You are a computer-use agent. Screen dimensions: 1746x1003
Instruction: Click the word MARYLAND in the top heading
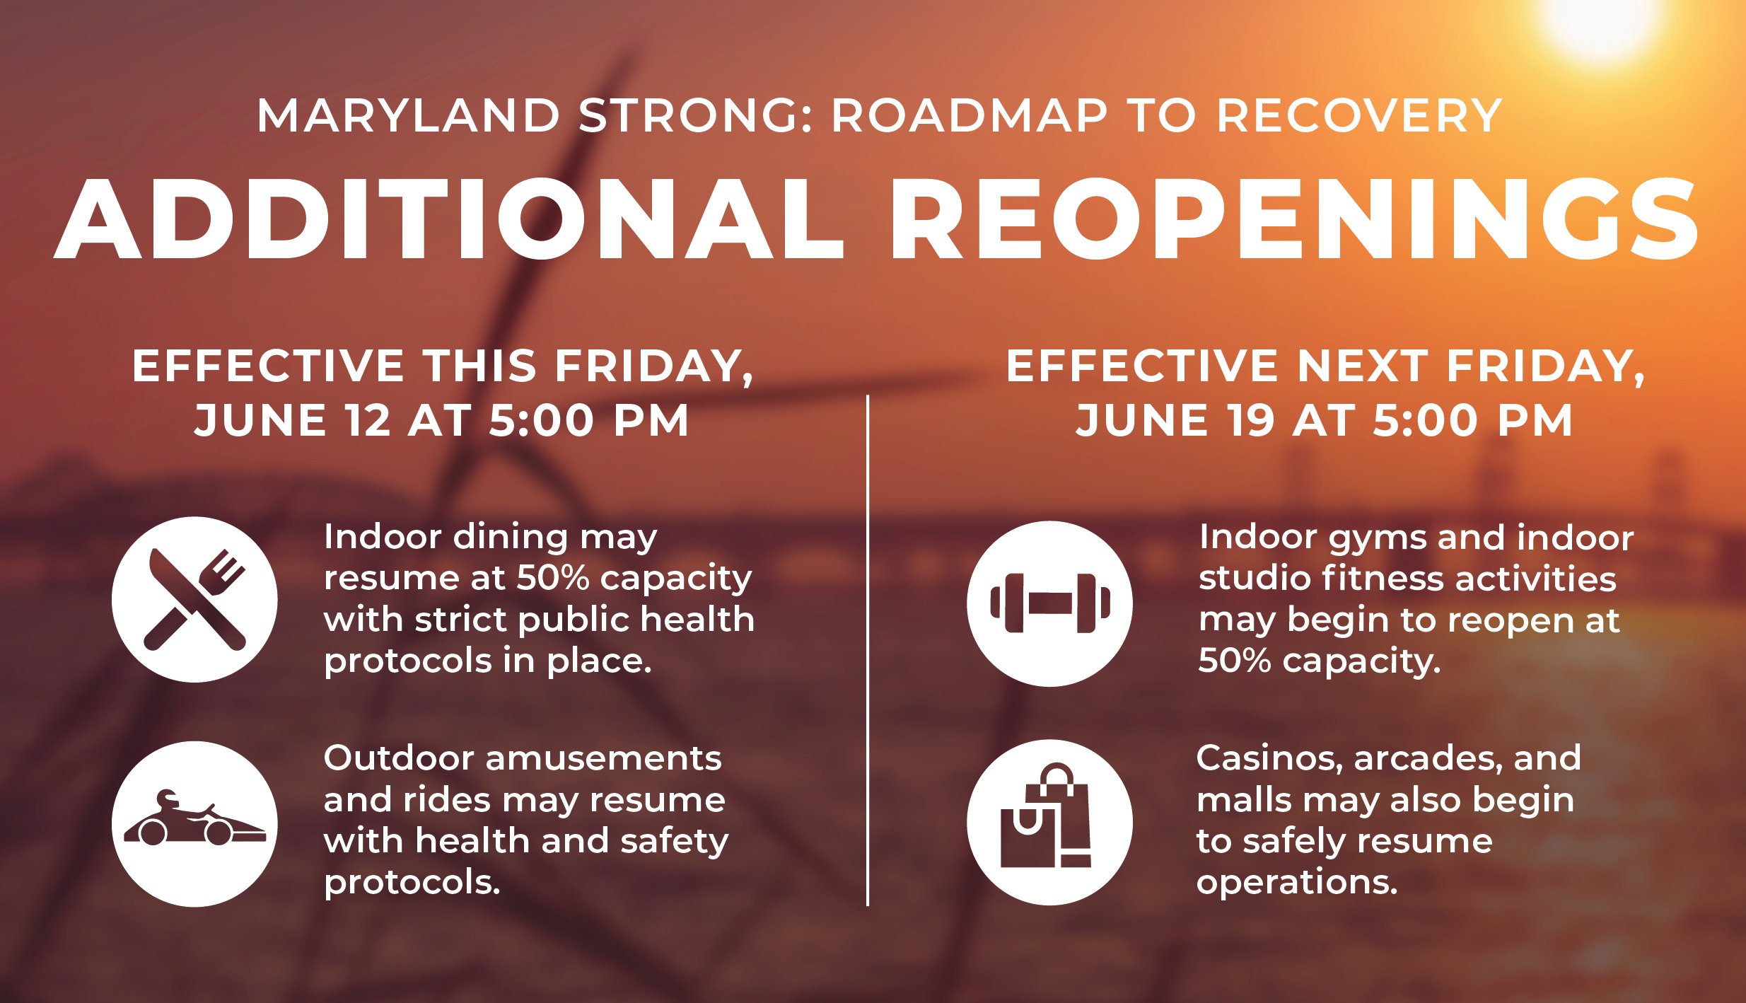[x=408, y=115]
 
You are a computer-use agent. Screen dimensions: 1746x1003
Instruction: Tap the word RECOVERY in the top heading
[x=1359, y=115]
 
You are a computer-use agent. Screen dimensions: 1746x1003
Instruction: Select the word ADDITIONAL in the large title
[x=450, y=219]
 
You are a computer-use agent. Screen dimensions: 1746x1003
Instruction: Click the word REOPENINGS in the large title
[x=1294, y=219]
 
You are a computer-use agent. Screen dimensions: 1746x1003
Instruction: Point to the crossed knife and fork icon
[x=195, y=600]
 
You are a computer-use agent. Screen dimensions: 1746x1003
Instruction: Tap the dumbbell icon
[x=1049, y=603]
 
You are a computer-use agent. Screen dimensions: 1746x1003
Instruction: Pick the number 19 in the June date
[x=1250, y=420]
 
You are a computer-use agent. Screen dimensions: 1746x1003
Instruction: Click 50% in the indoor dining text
[x=553, y=577]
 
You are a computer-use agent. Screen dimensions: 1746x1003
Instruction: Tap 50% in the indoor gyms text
[x=1235, y=661]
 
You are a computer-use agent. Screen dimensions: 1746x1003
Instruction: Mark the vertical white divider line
[x=868, y=650]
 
